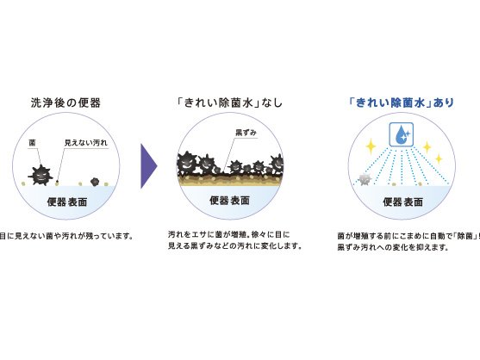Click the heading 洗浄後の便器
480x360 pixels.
(x=65, y=102)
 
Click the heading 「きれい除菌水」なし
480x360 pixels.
(x=229, y=102)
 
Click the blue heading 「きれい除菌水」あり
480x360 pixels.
(x=402, y=102)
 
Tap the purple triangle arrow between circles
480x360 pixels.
(x=149, y=166)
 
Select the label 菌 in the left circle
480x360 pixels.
(x=32, y=143)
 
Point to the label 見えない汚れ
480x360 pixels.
(x=86, y=143)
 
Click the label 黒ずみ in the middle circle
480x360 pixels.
(x=246, y=133)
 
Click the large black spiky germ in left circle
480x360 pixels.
(x=41, y=175)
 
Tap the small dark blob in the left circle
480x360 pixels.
(x=95, y=182)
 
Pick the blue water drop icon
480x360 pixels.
(x=402, y=134)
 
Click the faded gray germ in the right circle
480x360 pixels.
(x=365, y=179)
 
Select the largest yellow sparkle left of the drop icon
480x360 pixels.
(x=371, y=146)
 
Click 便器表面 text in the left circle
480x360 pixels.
(x=67, y=202)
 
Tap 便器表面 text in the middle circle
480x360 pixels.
(x=229, y=201)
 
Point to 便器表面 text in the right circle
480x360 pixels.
(x=402, y=202)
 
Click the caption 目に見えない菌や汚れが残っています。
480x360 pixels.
(x=66, y=237)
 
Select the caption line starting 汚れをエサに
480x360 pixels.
(x=228, y=235)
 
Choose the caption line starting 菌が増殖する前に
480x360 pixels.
(x=408, y=236)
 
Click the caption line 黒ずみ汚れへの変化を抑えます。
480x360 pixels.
(x=393, y=247)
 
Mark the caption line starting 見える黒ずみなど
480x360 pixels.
(x=234, y=246)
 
